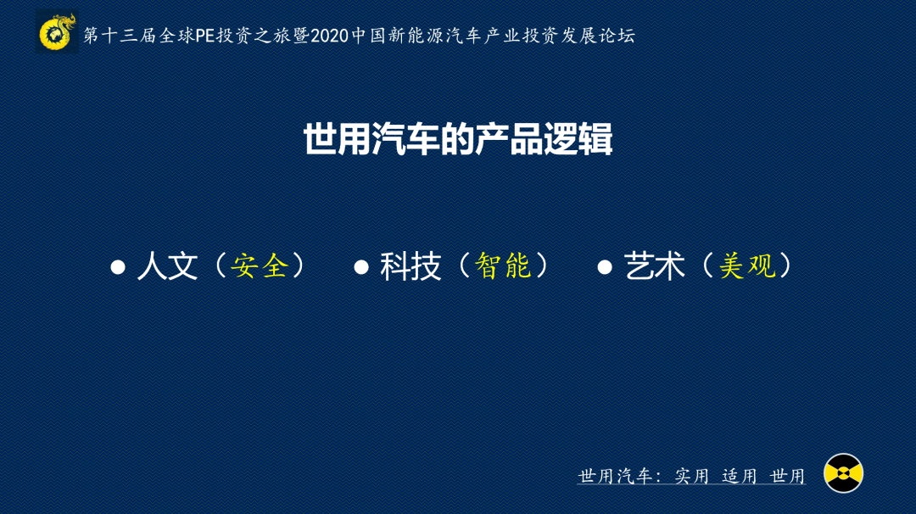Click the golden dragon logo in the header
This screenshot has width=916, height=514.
coord(57,32)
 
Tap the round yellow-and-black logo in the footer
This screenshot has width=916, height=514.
coord(843,473)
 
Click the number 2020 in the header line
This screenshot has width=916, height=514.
coord(329,36)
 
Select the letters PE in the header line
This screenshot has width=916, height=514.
coord(205,36)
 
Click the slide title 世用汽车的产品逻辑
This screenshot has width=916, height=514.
coord(458,139)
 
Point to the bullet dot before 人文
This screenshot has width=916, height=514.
coord(118,267)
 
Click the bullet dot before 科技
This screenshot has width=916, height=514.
coord(361,267)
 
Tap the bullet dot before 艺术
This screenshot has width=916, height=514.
coord(605,267)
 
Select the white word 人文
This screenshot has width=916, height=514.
coord(168,265)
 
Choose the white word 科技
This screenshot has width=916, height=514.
coord(411,265)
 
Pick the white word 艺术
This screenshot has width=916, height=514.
coord(654,265)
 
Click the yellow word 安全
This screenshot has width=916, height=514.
coord(260,265)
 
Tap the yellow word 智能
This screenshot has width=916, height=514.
coord(503,265)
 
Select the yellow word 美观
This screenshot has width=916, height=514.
coord(747,265)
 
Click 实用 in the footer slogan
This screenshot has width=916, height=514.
coord(692,476)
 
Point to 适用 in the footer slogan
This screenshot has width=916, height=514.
coord(740,476)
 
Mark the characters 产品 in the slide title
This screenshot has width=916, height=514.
coord(510,139)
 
